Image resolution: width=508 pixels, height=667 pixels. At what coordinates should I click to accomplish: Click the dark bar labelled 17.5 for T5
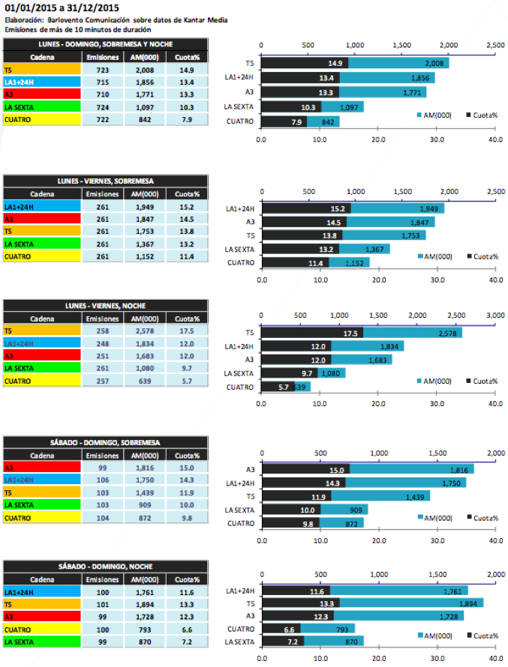tap(312, 333)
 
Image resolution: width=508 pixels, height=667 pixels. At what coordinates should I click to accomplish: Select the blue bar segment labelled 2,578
tap(413, 333)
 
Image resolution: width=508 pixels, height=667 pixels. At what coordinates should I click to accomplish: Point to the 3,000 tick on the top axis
tap(495, 315)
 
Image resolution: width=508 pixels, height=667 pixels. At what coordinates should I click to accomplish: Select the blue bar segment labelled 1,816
tap(410, 470)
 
